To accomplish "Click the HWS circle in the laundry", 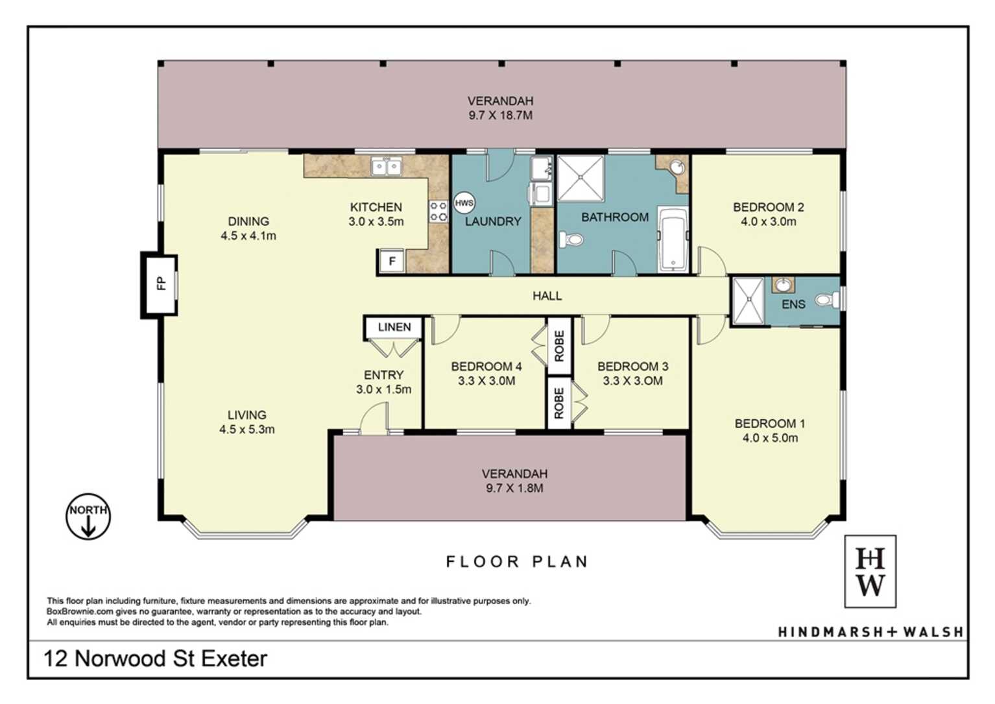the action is (x=464, y=203).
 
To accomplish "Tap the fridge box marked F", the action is (x=391, y=261).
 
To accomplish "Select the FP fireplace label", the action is (x=162, y=283).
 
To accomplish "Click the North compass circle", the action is (x=88, y=516).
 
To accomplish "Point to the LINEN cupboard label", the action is (x=394, y=327).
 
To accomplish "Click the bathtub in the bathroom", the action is (x=674, y=239).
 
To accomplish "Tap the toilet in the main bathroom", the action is (x=571, y=240).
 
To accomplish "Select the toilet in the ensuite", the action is (x=828, y=300).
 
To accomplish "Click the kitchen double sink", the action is (x=387, y=167).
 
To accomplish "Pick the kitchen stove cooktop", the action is (x=438, y=212).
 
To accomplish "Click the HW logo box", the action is (x=870, y=571).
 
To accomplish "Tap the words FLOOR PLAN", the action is (x=517, y=562).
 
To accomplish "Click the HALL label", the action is (x=547, y=296).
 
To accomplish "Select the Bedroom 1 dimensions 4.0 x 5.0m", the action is (x=770, y=438).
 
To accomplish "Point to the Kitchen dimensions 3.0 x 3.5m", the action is (x=376, y=221).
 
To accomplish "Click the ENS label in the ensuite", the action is (x=793, y=304).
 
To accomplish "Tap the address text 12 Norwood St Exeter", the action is (x=156, y=659).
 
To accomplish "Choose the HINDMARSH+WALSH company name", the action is (x=870, y=631).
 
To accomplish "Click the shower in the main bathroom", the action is (x=581, y=178).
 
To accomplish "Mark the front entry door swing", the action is (x=374, y=419).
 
